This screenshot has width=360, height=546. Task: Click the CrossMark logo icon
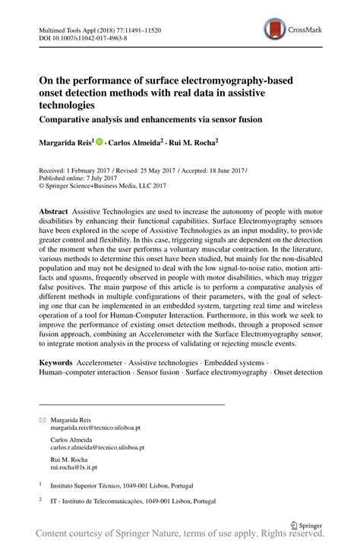tap(274, 30)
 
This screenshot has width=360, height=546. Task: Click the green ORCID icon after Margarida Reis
tap(99, 141)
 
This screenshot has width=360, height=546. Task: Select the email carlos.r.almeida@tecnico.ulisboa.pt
tap(99, 449)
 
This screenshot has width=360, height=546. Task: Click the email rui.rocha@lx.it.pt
tap(77, 468)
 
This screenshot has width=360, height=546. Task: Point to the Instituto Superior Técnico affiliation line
tap(122, 483)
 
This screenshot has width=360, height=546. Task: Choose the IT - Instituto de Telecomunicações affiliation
tap(129, 501)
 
